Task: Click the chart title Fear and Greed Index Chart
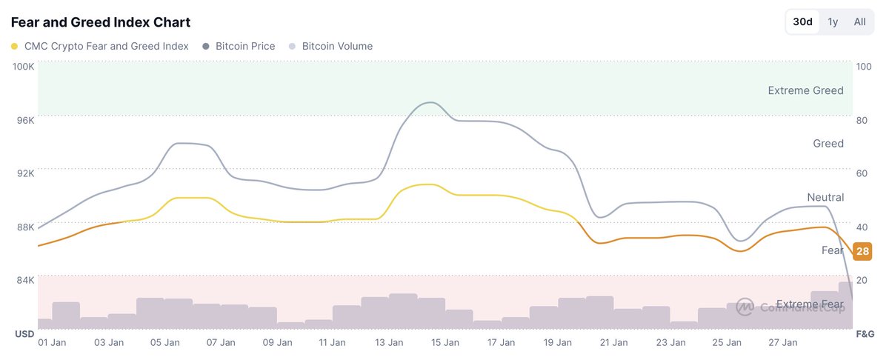pos(100,22)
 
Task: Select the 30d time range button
pos(802,21)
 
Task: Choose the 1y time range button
pos(833,21)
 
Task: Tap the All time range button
pos(859,21)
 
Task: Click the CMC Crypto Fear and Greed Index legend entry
pos(106,46)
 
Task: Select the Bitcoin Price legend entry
pos(244,46)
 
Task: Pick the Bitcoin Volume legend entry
pos(337,46)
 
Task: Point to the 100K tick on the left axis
pos(23,67)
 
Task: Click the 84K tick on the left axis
pos(24,279)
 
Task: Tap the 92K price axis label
pos(24,173)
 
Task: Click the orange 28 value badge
pos(862,251)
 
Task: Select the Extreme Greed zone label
pos(805,90)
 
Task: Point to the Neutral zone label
pos(825,197)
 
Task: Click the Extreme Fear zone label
pos(809,304)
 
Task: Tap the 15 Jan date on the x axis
pos(445,342)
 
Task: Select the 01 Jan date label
pos(52,342)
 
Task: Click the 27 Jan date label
pos(782,342)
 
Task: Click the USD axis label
pos(24,335)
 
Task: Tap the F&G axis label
pos(864,335)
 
